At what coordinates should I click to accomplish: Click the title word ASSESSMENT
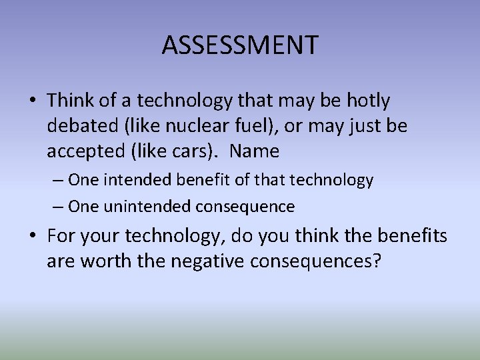240,45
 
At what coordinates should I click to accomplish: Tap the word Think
71,101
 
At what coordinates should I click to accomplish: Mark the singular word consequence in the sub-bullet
245,207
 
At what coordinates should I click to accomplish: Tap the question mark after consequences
377,261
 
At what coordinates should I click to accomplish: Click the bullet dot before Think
33,101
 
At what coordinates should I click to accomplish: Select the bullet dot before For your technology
33,236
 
